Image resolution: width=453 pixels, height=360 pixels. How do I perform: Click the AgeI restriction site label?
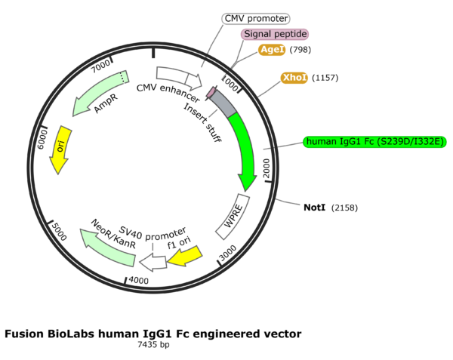pyautogui.click(x=272, y=50)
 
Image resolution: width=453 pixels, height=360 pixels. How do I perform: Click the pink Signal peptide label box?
pyautogui.click(x=275, y=34)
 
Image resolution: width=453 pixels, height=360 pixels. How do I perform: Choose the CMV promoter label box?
pyautogui.click(x=257, y=18)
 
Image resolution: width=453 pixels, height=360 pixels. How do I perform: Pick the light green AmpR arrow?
pyautogui.click(x=101, y=93)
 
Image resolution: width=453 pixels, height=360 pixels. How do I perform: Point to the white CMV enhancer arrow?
pyautogui.click(x=178, y=75)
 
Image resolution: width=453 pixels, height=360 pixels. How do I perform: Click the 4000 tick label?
pyautogui.click(x=139, y=280)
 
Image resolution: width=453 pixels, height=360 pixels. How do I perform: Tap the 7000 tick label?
pyautogui.click(x=99, y=66)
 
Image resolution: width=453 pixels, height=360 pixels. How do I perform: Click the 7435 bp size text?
pyautogui.click(x=153, y=344)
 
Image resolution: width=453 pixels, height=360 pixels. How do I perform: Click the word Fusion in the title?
pyautogui.click(x=24, y=333)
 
